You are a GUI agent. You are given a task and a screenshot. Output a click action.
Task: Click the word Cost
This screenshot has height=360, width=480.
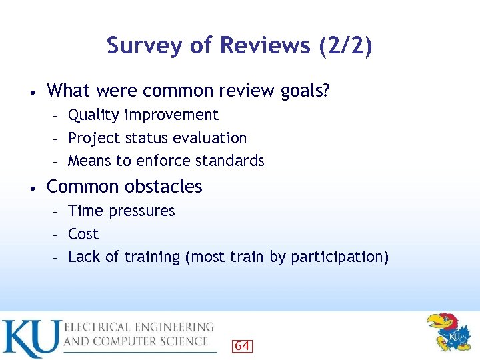(x=83, y=235)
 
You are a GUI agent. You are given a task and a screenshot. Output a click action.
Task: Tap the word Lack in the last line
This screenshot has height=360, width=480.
(x=83, y=257)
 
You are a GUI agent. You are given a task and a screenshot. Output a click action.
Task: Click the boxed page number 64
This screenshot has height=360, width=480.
(x=242, y=345)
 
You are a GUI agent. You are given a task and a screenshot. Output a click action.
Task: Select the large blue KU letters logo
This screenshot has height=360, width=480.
(x=30, y=339)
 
